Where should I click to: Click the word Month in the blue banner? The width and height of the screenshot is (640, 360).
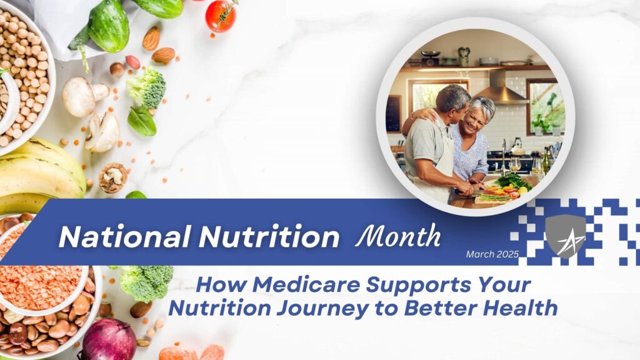tap(397, 235)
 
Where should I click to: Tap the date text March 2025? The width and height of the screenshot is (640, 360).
tap(492, 254)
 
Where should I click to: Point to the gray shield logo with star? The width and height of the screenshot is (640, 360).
tap(566, 235)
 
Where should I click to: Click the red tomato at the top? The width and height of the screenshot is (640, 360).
tap(221, 16)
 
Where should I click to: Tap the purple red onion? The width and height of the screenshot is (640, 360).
tap(109, 339)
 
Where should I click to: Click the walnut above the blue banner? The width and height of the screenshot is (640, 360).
tap(112, 178)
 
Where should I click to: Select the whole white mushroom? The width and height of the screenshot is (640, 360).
tap(84, 97)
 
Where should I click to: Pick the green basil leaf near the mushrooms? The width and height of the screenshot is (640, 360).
tap(142, 121)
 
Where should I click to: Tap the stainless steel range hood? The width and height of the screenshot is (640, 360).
tap(498, 88)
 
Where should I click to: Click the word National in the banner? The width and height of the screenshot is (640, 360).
tap(124, 237)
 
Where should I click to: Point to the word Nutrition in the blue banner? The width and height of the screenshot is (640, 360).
tap(269, 237)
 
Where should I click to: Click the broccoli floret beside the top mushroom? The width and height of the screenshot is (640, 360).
tap(146, 89)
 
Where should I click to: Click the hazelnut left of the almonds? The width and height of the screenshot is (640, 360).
tap(117, 69)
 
